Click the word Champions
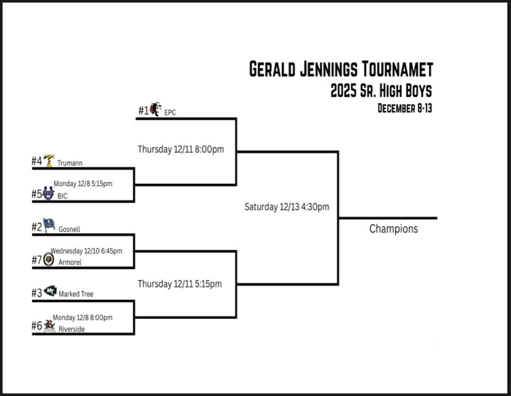(x=393, y=229)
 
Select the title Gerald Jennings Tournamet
(x=341, y=70)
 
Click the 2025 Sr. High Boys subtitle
(x=381, y=91)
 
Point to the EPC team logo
(x=156, y=109)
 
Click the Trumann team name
(x=69, y=163)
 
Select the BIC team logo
(x=48, y=194)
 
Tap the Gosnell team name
(x=69, y=230)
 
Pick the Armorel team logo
(x=48, y=260)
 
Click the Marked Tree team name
(x=76, y=294)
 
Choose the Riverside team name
(x=72, y=329)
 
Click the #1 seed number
(x=143, y=110)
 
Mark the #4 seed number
(x=37, y=162)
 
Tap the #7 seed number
(x=37, y=260)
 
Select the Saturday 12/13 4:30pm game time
(x=287, y=207)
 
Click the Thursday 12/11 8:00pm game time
(x=181, y=149)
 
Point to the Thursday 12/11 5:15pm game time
(x=180, y=284)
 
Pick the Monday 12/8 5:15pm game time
(x=82, y=183)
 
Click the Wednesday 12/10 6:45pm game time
(x=86, y=251)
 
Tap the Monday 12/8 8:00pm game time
(x=82, y=317)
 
